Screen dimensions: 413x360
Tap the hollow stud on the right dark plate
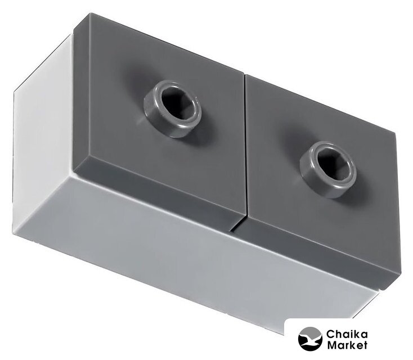pyautogui.click(x=328, y=169)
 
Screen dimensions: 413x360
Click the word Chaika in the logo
pyautogui.click(x=347, y=334)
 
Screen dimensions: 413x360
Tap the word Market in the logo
pyautogui.click(x=347, y=345)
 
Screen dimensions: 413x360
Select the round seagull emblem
pyautogui.click(x=310, y=339)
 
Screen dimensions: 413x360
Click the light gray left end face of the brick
pyautogui.click(x=42, y=137)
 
